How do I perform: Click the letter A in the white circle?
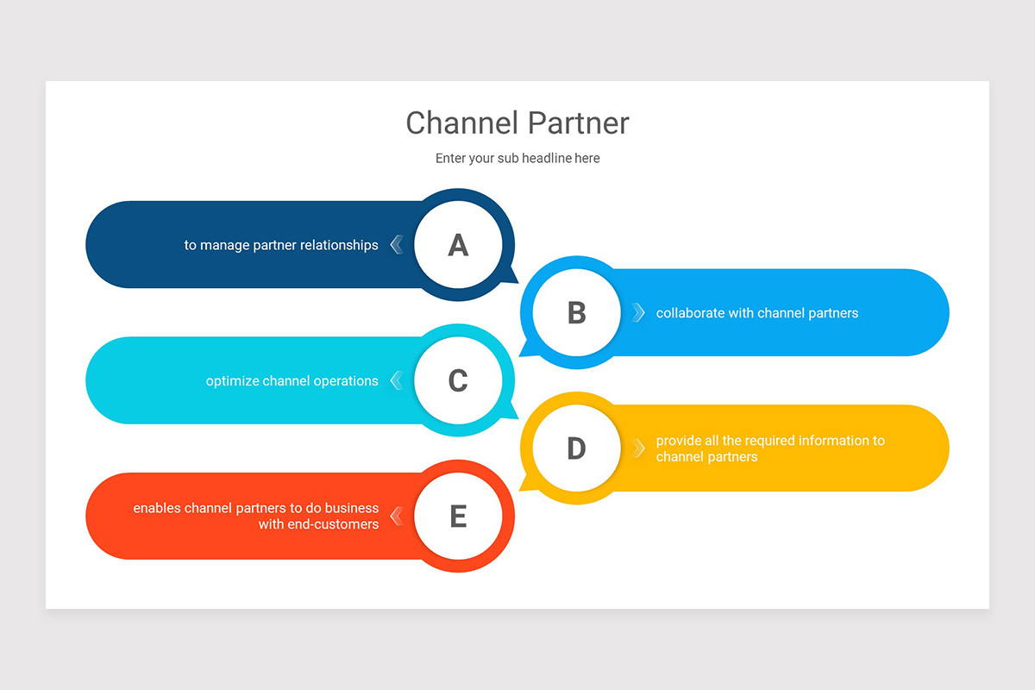(458, 246)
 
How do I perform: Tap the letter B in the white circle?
(576, 313)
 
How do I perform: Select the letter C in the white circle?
(458, 381)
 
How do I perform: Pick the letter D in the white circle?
(576, 448)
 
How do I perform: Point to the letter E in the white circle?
(458, 517)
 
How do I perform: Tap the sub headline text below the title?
(517, 159)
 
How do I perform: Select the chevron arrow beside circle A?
(396, 245)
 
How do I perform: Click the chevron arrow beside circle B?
(638, 312)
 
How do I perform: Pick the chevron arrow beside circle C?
(396, 380)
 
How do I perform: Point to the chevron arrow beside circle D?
(638, 448)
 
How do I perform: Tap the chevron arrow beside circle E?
(396, 516)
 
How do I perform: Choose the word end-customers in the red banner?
(318, 524)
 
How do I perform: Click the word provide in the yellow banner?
(680, 441)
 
